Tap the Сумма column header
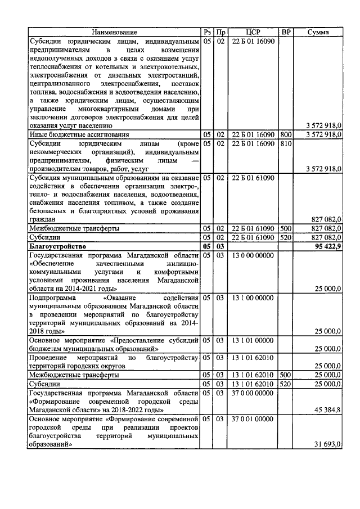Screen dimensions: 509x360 tap(318, 33)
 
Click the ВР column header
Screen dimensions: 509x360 tap(286, 33)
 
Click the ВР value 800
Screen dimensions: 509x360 tap(286, 135)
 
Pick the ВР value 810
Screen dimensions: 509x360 tap(286, 143)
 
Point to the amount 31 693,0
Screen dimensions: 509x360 tap(326, 444)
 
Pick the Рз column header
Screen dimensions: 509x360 tap(207, 33)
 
